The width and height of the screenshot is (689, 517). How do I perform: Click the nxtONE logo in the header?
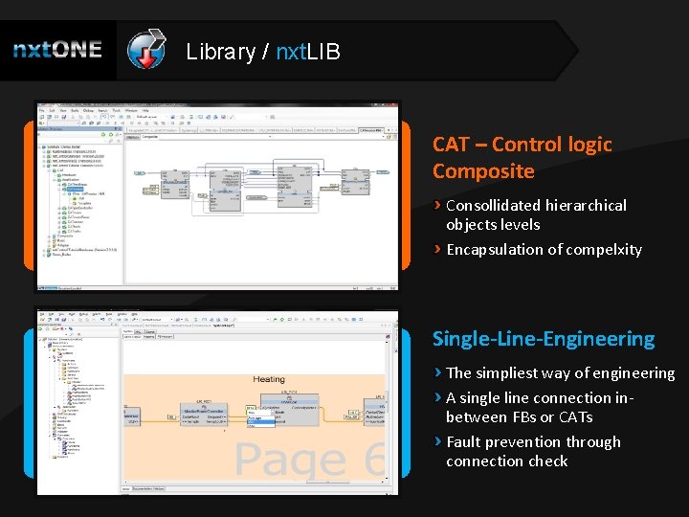click(x=57, y=50)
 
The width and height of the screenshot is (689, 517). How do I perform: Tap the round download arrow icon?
click(x=146, y=51)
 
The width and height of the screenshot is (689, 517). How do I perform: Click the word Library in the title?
click(x=220, y=52)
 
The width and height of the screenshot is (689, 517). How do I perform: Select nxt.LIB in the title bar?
click(x=307, y=52)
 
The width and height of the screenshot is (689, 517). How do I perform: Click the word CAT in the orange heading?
click(x=451, y=145)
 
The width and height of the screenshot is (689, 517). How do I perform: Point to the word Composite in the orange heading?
click(x=483, y=171)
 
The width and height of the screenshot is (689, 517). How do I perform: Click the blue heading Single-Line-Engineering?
click(x=544, y=339)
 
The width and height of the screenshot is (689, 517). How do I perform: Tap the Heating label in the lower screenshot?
click(x=269, y=380)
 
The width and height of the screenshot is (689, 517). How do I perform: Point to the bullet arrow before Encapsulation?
click(x=438, y=249)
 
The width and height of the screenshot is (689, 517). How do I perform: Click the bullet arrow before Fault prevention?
click(x=438, y=441)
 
